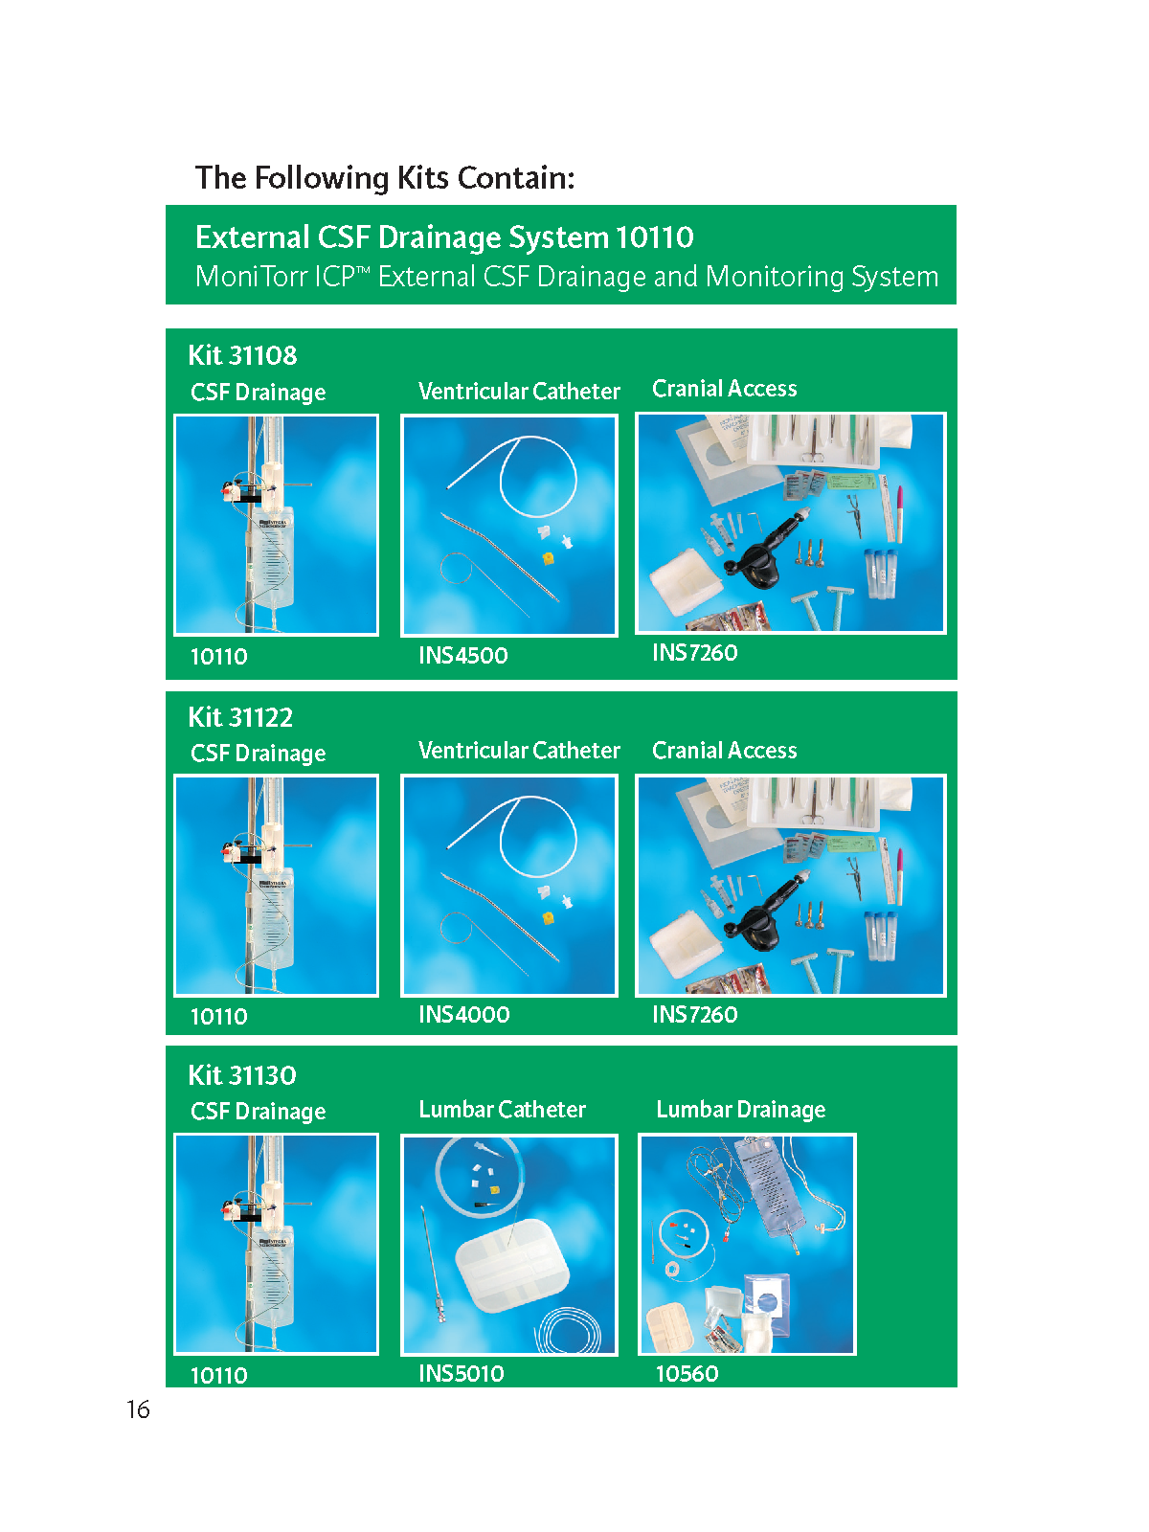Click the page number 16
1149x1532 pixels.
138,1408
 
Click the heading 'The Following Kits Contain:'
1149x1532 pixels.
384,178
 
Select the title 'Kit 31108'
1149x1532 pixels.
242,355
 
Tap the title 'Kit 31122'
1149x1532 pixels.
240,717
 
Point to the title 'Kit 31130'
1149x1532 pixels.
242,1075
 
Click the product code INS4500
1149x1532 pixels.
462,655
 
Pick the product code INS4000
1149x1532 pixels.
464,1014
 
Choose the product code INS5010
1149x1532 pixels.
461,1373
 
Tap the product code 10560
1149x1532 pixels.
687,1373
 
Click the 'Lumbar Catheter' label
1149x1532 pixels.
502,1109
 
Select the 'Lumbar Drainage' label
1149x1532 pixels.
740,1110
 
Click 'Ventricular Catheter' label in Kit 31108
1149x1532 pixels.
519,391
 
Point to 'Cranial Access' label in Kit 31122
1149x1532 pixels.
724,750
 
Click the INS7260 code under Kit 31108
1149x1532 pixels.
694,653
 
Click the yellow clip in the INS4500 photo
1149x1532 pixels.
549,557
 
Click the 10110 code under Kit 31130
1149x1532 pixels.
218,1375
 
